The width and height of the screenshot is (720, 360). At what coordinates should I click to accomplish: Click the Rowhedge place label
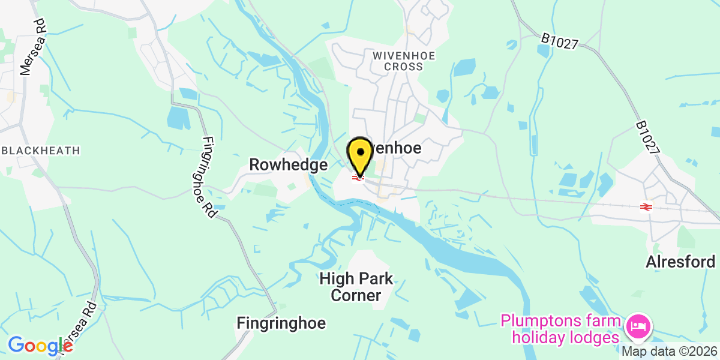click(x=288, y=164)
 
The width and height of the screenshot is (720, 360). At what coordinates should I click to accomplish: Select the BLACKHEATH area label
click(x=40, y=150)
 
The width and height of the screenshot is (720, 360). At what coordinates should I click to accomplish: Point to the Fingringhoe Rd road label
click(x=209, y=178)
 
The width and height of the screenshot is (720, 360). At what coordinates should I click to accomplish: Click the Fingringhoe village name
click(x=281, y=323)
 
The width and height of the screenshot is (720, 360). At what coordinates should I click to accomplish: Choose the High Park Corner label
click(x=356, y=287)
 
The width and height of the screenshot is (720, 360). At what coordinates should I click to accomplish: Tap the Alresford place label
click(x=680, y=262)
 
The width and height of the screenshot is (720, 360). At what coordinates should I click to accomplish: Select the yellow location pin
click(x=359, y=155)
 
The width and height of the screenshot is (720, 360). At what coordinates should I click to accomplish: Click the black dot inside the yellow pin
click(x=359, y=151)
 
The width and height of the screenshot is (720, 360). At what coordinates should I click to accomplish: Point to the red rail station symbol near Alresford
click(x=646, y=207)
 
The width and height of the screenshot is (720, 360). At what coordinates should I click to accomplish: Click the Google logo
click(x=40, y=346)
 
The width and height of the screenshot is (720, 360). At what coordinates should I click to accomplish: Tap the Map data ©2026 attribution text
click(x=669, y=351)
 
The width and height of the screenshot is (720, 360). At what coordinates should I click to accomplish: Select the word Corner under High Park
click(x=356, y=295)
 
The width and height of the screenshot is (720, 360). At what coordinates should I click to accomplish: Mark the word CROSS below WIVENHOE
click(x=403, y=67)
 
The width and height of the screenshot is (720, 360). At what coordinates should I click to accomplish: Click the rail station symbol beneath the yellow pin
click(x=359, y=178)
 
